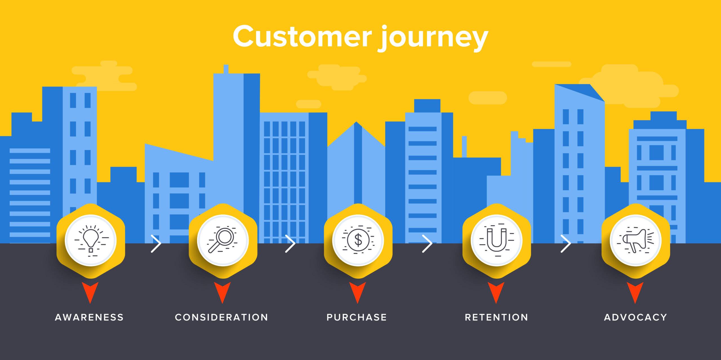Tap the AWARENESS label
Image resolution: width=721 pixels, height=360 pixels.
tap(89, 317)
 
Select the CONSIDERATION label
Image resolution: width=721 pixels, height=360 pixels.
tap(222, 317)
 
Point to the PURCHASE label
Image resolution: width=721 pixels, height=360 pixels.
tap(357, 317)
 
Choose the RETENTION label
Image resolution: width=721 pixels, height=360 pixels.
tap(497, 317)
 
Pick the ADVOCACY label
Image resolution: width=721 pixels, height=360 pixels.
tap(636, 317)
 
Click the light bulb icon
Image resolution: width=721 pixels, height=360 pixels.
tap(91, 241)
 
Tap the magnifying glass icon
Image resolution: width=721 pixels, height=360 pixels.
tap(222, 241)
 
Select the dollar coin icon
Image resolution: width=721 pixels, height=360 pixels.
tap(358, 241)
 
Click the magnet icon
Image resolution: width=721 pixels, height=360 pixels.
tap(497, 241)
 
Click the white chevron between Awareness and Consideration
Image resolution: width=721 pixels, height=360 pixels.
tap(156, 243)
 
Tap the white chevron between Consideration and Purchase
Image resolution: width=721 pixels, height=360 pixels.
tap(290, 243)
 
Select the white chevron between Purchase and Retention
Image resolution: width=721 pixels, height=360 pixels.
tap(427, 243)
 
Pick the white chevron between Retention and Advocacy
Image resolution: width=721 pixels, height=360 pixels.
tap(566, 243)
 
